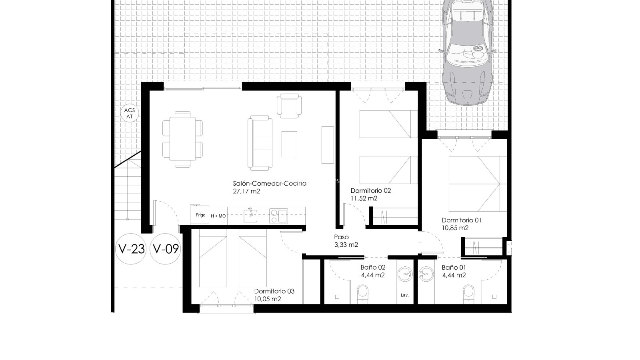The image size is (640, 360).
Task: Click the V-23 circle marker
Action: tap(131, 249)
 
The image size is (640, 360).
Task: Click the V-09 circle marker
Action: tap(166, 249)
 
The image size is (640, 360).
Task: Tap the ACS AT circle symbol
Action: tap(130, 114)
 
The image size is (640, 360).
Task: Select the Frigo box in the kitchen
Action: tap(200, 215)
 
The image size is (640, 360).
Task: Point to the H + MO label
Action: tap(218, 216)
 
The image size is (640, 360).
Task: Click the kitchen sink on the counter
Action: tap(250, 215)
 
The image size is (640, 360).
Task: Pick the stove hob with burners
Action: tap(278, 216)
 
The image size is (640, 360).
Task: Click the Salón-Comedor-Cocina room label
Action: tap(270, 184)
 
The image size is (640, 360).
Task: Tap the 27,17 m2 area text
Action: tap(246, 191)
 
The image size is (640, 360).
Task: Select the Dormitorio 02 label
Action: tap(370, 190)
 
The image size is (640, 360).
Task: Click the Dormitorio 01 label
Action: tap(462, 220)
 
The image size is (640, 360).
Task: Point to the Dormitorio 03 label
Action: tap(274, 291)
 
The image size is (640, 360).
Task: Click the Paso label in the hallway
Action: tap(342, 237)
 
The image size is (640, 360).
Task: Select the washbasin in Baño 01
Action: tap(426, 274)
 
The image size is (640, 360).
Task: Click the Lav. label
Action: tap(404, 295)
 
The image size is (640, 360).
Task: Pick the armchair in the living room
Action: tap(289, 106)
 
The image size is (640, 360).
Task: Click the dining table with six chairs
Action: tap(182, 139)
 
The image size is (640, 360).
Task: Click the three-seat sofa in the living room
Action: tap(260, 143)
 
